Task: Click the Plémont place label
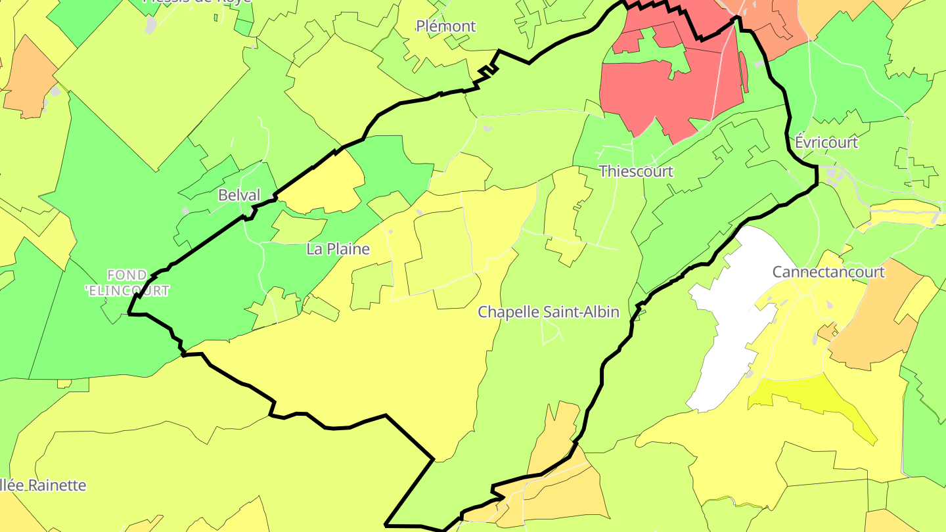click(446, 26)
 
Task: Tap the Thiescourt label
click(636, 171)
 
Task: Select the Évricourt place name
click(826, 142)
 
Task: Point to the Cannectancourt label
click(828, 271)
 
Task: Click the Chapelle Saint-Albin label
click(549, 312)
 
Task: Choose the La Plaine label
click(338, 249)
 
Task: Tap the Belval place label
click(239, 195)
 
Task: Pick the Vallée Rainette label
click(43, 485)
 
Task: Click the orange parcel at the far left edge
click(30, 79)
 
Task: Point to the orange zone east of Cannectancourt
click(874, 315)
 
